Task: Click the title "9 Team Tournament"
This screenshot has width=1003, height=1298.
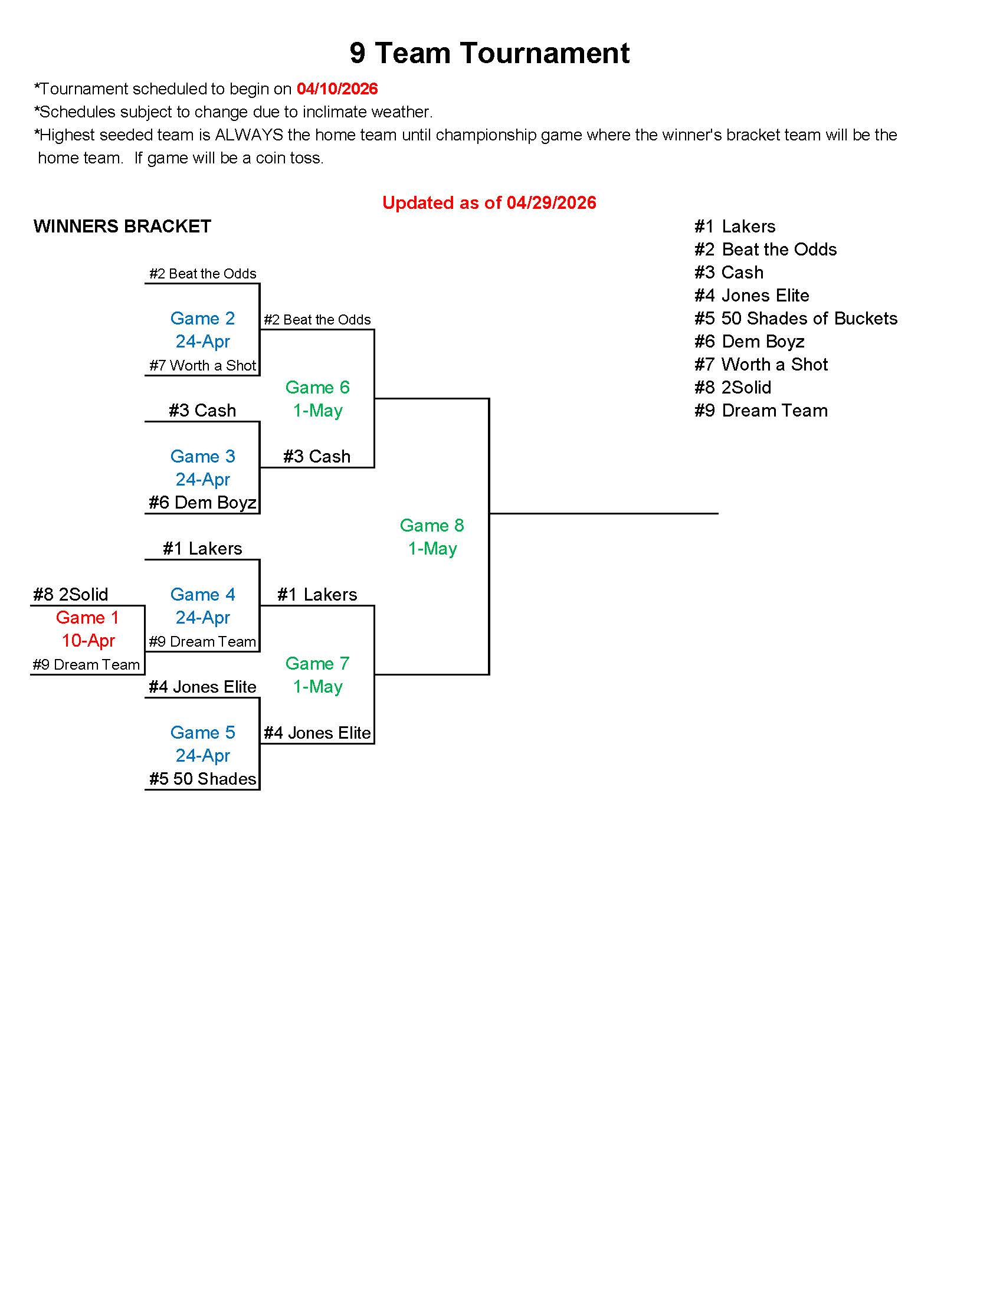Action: coord(489,53)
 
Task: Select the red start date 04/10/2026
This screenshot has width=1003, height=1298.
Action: coord(337,89)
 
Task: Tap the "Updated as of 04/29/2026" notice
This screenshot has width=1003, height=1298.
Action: coord(489,202)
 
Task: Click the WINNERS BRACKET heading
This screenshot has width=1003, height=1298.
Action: coord(122,227)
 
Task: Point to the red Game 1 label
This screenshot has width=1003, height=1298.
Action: coord(87,618)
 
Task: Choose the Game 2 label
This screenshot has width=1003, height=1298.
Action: coord(202,319)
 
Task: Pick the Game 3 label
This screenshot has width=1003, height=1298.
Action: coord(202,457)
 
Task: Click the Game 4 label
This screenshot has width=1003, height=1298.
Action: coord(202,594)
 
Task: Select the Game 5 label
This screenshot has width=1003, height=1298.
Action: coord(202,732)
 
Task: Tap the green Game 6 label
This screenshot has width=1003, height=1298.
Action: coord(317,388)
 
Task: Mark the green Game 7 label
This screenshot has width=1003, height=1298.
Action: coord(317,663)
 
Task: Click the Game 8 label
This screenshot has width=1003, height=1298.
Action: coord(432,525)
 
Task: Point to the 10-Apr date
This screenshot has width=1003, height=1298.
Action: coord(88,641)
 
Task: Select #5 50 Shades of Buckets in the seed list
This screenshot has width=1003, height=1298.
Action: coord(796,319)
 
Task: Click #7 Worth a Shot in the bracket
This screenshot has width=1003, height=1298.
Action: coord(202,366)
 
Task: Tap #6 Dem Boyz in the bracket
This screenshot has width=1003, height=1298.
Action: coord(202,503)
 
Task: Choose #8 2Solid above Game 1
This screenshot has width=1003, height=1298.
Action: coord(71,594)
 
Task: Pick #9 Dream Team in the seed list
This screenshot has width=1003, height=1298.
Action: coord(761,411)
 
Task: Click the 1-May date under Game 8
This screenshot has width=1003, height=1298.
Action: coord(432,549)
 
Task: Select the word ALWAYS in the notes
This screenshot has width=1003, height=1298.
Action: coord(249,136)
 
